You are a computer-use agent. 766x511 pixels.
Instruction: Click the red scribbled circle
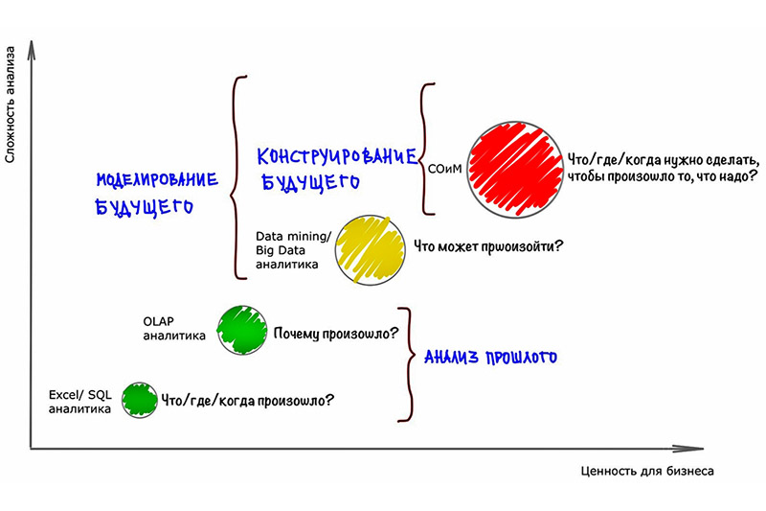[x=515, y=169]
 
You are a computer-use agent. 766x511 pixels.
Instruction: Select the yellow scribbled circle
[x=371, y=250]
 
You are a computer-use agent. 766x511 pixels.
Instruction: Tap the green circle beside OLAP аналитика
[x=242, y=330]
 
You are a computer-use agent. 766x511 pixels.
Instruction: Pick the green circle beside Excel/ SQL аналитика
[x=140, y=400]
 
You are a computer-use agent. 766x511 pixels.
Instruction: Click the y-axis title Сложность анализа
[x=11, y=105]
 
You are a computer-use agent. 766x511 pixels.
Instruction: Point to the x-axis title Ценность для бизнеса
[x=647, y=471]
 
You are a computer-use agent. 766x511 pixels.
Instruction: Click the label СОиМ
[x=444, y=169]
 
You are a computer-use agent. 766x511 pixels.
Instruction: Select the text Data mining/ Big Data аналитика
[x=294, y=250]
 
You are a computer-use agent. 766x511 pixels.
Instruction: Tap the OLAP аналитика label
[x=174, y=329]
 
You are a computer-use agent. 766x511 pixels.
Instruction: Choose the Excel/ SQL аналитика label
[x=80, y=402]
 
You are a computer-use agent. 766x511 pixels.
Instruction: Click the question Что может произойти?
[x=488, y=246]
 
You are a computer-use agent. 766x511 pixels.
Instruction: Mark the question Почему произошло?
[x=336, y=334]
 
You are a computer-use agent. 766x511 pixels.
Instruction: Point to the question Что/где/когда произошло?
[x=248, y=401]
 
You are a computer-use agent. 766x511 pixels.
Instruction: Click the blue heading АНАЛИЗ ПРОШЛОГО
[x=490, y=357]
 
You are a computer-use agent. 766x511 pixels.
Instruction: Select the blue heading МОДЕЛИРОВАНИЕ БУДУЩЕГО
[x=157, y=194]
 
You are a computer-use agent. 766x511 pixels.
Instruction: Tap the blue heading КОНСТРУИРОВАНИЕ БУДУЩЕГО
[x=337, y=169]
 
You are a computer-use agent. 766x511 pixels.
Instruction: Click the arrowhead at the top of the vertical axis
[x=32, y=50]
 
